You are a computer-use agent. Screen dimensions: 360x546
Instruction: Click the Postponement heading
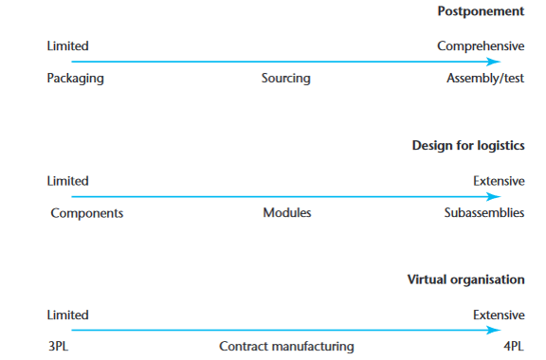(480, 11)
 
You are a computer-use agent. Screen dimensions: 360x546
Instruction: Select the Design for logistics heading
(468, 146)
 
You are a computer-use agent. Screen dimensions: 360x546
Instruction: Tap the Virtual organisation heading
(465, 280)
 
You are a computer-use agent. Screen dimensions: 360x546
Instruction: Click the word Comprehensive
(480, 45)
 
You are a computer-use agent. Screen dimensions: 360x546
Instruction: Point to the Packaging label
(75, 79)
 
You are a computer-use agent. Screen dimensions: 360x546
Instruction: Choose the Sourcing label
(285, 79)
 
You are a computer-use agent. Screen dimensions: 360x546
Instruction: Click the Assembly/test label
(484, 79)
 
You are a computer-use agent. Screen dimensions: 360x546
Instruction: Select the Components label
(86, 213)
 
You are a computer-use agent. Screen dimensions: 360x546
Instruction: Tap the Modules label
(286, 213)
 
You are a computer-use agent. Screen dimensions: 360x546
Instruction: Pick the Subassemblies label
(483, 213)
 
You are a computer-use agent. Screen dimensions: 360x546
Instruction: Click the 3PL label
(58, 347)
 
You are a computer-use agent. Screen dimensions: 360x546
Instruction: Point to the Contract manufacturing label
(286, 347)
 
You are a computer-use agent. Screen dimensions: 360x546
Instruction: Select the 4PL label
(513, 347)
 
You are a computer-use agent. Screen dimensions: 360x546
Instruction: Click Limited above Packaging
(67, 45)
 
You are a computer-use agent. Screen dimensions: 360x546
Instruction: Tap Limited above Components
(67, 181)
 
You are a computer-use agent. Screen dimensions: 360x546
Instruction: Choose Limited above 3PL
(67, 315)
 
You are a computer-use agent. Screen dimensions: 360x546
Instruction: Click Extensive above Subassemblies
(499, 181)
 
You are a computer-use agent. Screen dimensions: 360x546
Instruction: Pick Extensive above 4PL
(499, 315)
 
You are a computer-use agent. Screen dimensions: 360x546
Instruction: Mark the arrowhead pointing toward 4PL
(494, 331)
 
